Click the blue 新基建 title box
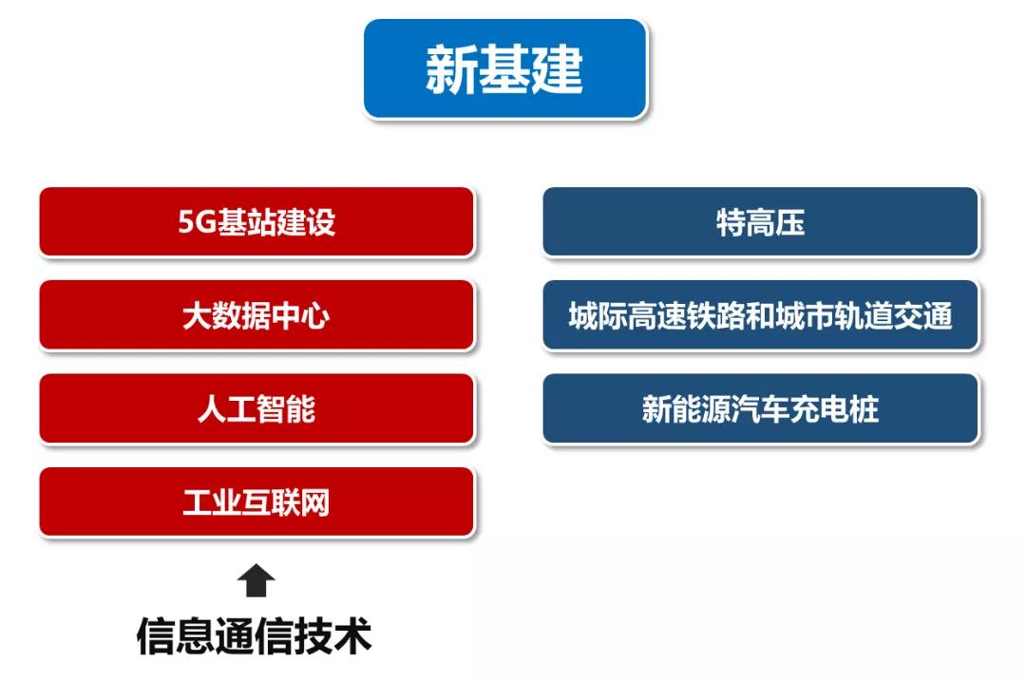coord(505,68)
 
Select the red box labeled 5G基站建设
coord(256,221)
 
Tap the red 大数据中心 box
coord(256,315)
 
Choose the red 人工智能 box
coord(256,408)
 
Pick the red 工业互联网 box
coord(256,502)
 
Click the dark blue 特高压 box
coord(760,221)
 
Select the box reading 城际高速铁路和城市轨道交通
coord(760,315)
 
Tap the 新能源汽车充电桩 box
coord(760,408)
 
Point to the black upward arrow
coord(256,580)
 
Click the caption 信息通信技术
coord(254,635)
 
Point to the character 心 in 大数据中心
coord(315,316)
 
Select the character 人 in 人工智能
coord(212,409)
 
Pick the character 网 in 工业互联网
coord(315,502)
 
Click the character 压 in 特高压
coord(790,222)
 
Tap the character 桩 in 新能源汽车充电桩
coord(864,409)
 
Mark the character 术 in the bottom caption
coord(352,635)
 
